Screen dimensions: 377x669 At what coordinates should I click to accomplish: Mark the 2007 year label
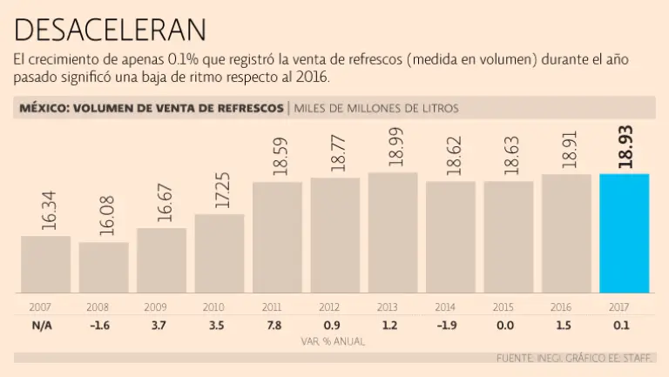tap(40, 307)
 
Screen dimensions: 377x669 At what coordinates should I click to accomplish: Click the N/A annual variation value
tap(40, 325)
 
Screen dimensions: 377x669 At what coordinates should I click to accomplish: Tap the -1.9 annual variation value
tap(445, 325)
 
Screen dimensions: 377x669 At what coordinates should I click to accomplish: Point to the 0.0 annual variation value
tap(504, 325)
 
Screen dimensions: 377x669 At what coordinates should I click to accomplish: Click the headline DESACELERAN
tap(111, 30)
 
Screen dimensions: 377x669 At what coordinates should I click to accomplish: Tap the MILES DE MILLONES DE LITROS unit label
tap(376, 109)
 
